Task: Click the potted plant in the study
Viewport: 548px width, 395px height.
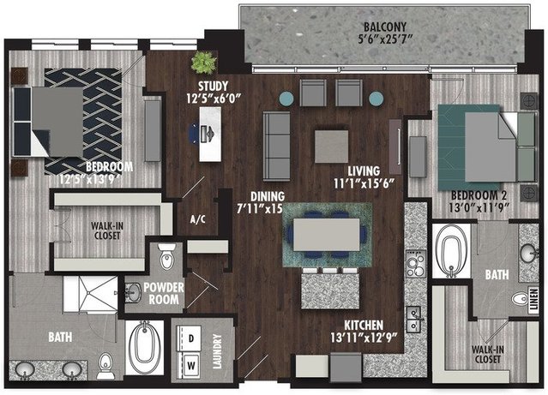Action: tap(203, 63)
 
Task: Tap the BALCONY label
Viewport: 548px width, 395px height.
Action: tap(385, 27)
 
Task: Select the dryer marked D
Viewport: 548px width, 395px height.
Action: tap(190, 338)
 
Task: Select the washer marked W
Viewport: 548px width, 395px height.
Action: tap(190, 365)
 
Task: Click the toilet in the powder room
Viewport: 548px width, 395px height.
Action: tap(166, 257)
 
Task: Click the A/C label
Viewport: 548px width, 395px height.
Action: tap(198, 219)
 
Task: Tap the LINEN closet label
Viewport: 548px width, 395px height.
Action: tap(533, 300)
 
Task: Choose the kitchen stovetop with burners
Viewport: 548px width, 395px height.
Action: tap(416, 264)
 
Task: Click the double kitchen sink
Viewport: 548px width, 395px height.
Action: tap(415, 320)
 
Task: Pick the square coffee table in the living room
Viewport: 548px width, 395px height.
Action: tap(331, 147)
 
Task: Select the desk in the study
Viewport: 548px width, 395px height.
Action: tap(210, 135)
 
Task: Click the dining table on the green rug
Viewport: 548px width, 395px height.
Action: tap(327, 235)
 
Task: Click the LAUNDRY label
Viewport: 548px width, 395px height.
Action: tap(217, 351)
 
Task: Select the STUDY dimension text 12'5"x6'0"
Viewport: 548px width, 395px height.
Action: tap(214, 99)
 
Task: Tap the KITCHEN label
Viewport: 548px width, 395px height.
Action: tap(364, 326)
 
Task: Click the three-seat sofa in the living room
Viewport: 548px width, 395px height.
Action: tap(276, 147)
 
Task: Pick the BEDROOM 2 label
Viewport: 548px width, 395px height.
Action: tap(479, 195)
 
